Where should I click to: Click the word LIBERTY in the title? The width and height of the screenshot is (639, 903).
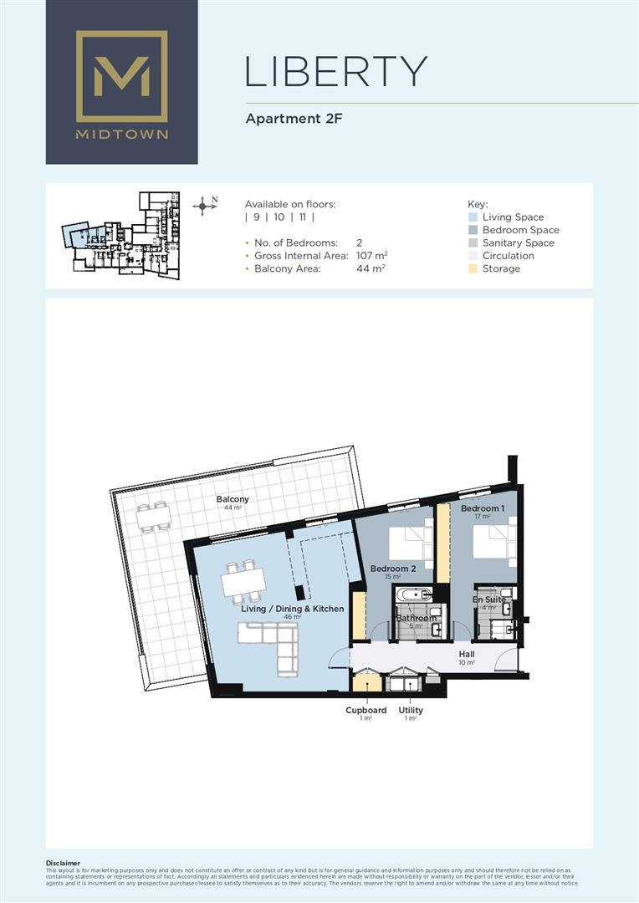(x=336, y=73)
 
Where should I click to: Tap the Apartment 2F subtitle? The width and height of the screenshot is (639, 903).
(x=294, y=119)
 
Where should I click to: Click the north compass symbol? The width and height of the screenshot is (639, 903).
(x=204, y=205)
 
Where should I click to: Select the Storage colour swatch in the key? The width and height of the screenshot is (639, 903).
(x=473, y=268)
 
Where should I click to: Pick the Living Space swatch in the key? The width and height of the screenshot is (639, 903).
(x=473, y=217)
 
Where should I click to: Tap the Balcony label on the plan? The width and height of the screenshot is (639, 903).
(x=233, y=500)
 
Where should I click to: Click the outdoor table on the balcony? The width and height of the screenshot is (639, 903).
(x=152, y=518)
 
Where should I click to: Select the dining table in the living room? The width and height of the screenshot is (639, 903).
(x=243, y=581)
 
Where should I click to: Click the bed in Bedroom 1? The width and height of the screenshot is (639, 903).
(x=493, y=542)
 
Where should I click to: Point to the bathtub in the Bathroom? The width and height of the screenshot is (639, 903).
(x=413, y=596)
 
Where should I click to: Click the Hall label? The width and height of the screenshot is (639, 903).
(x=468, y=653)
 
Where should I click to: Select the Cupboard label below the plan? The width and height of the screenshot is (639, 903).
(x=366, y=710)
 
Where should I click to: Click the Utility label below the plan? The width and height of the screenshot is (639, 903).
(x=411, y=710)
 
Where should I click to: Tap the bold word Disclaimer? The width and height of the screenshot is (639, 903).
(x=64, y=863)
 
